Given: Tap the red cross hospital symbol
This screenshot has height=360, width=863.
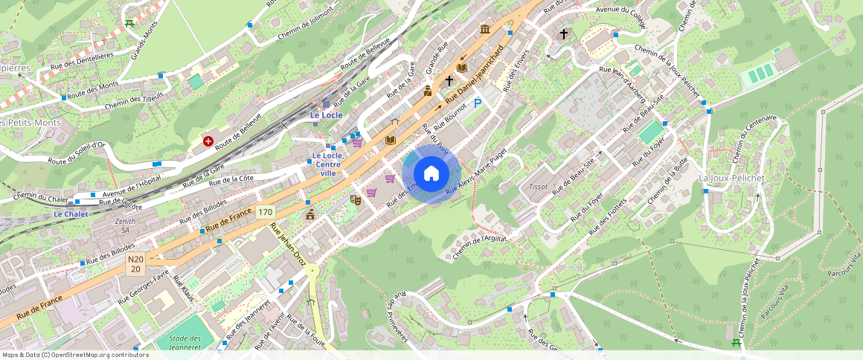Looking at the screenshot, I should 208,141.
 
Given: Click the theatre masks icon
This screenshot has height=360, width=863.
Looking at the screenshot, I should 356,199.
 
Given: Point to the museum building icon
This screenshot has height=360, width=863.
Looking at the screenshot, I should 485,29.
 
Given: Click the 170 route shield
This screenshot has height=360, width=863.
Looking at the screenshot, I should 266,213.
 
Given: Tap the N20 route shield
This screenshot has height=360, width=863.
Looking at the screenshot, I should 135,264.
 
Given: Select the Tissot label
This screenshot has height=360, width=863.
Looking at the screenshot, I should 537,186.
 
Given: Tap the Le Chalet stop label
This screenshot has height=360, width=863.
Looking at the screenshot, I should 71,214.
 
